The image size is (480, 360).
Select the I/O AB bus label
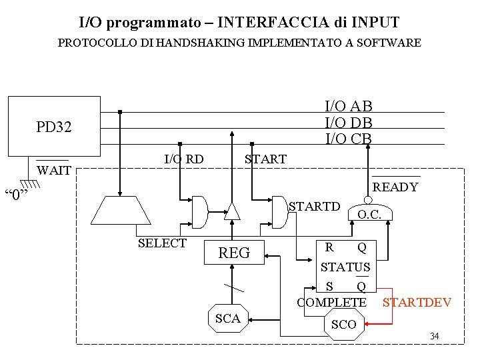click(348, 106)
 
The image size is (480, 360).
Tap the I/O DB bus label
click(348, 123)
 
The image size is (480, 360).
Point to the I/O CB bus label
click(348, 139)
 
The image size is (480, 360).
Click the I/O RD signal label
click(184, 159)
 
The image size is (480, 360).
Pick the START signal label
click(265, 159)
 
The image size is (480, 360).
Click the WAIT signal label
click(54, 171)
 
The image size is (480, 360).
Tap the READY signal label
click(395, 187)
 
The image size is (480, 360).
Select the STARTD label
click(314, 206)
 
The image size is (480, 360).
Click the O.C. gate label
click(369, 215)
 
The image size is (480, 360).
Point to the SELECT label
click(162, 243)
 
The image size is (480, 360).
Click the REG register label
click(234, 253)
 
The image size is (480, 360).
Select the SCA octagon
click(228, 319)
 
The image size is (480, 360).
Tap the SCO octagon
click(344, 325)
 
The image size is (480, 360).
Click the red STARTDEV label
click(417, 303)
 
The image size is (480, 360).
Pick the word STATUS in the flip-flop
click(345, 267)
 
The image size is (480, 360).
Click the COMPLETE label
click(332, 303)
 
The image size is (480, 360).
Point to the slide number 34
click(434, 335)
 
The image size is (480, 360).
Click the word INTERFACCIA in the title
click(272, 23)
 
